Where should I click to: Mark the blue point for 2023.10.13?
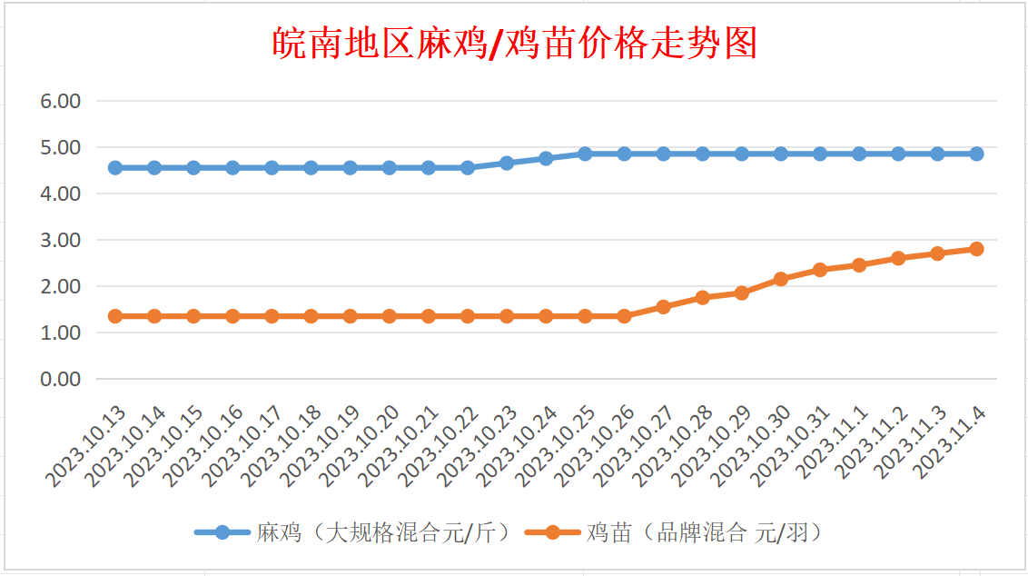tap(115, 168)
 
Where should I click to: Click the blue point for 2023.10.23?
tap(507, 163)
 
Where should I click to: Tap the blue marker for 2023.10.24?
tap(546, 158)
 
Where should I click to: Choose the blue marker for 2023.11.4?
tap(976, 154)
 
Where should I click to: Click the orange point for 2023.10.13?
tap(115, 316)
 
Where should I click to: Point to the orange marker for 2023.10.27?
tap(663, 307)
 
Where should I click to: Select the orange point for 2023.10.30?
tap(781, 279)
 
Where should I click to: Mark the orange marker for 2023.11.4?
tap(976, 249)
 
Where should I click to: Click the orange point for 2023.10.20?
tap(390, 316)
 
